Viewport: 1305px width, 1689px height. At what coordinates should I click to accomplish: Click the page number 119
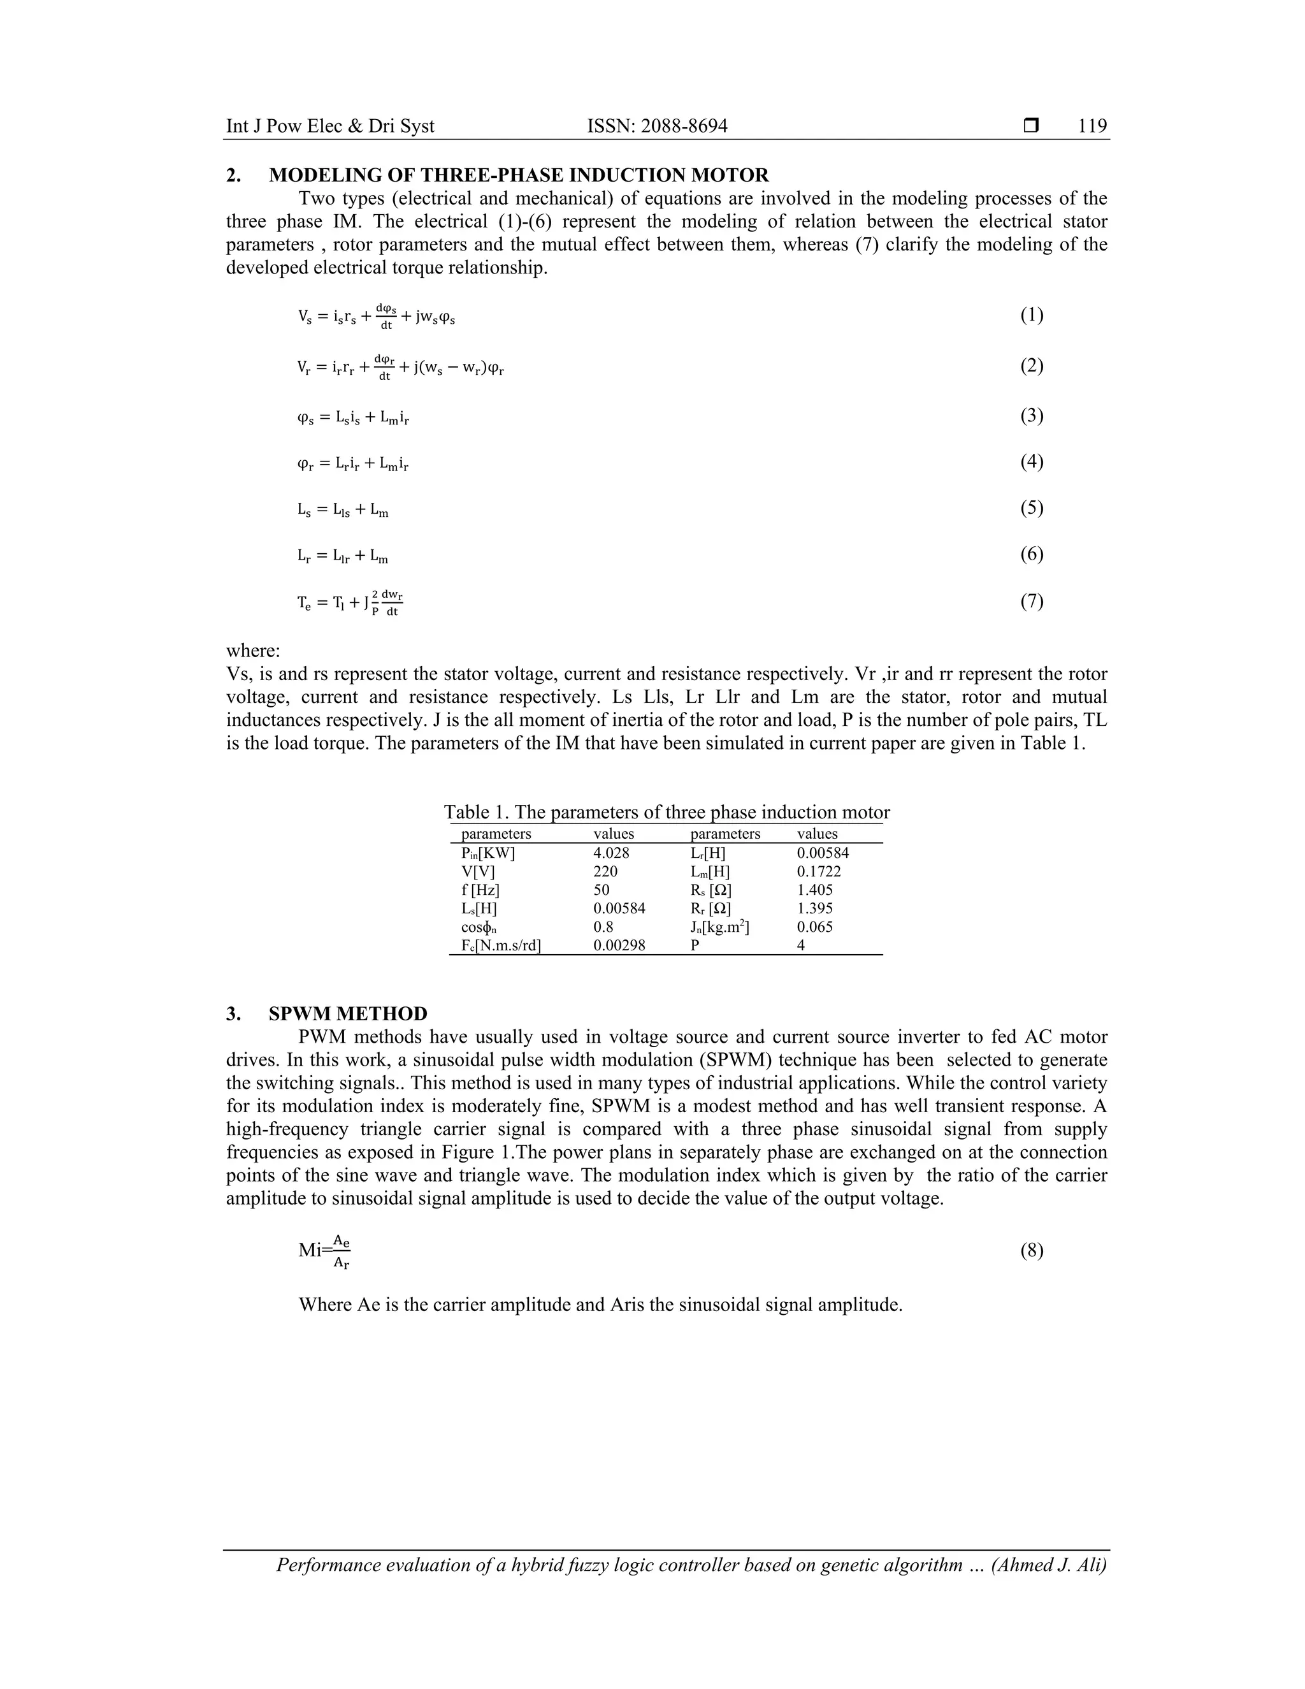pos(1092,126)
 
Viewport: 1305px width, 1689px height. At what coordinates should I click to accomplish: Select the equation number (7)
pos(1032,601)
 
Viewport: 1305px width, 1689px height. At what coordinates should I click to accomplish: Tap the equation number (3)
pos(1032,416)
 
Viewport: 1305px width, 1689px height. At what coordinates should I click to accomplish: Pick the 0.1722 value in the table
pos(819,871)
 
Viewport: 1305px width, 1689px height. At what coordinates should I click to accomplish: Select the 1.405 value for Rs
pos(815,890)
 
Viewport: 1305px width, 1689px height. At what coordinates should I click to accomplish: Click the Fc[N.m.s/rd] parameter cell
pos(500,945)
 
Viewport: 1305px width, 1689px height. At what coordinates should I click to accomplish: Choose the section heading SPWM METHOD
pos(348,1013)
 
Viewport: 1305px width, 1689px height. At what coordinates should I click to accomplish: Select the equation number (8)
pos(1032,1250)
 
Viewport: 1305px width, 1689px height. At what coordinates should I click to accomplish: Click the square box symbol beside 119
pos(1030,126)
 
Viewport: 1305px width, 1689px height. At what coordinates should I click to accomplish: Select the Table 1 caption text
pos(667,812)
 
